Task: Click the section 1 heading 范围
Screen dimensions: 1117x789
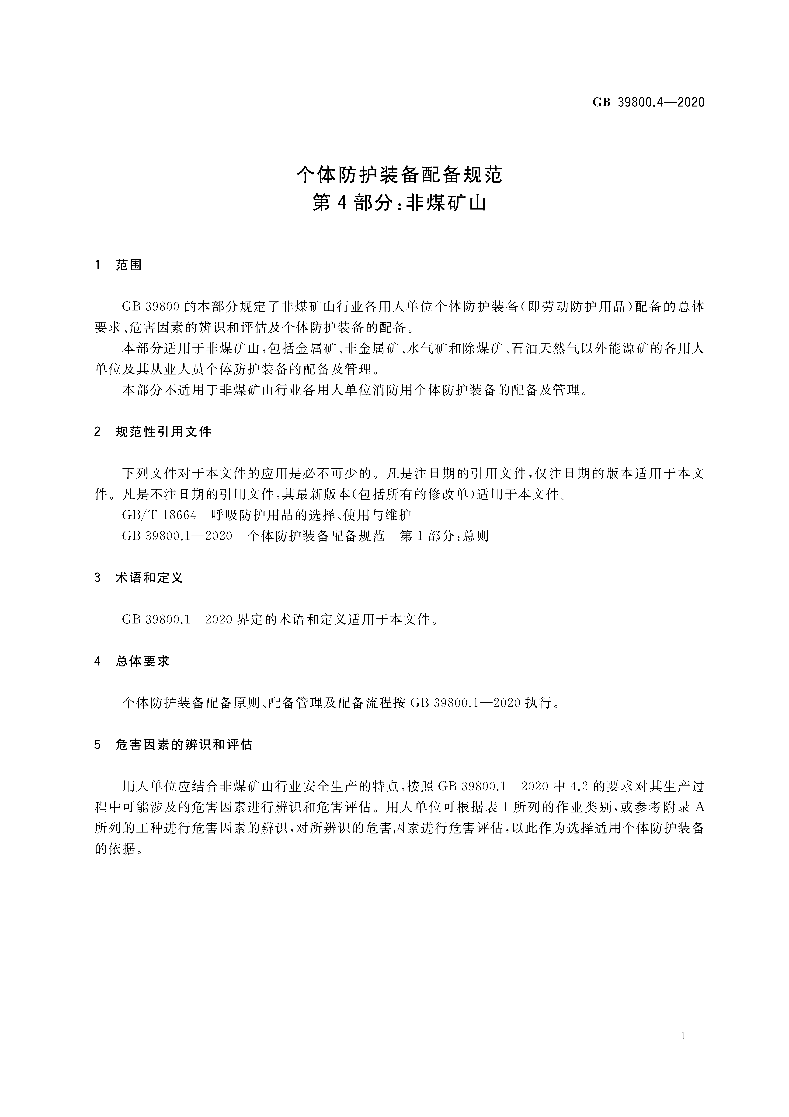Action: pyautogui.click(x=129, y=265)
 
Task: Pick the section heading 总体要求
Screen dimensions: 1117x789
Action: pyautogui.click(x=143, y=661)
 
